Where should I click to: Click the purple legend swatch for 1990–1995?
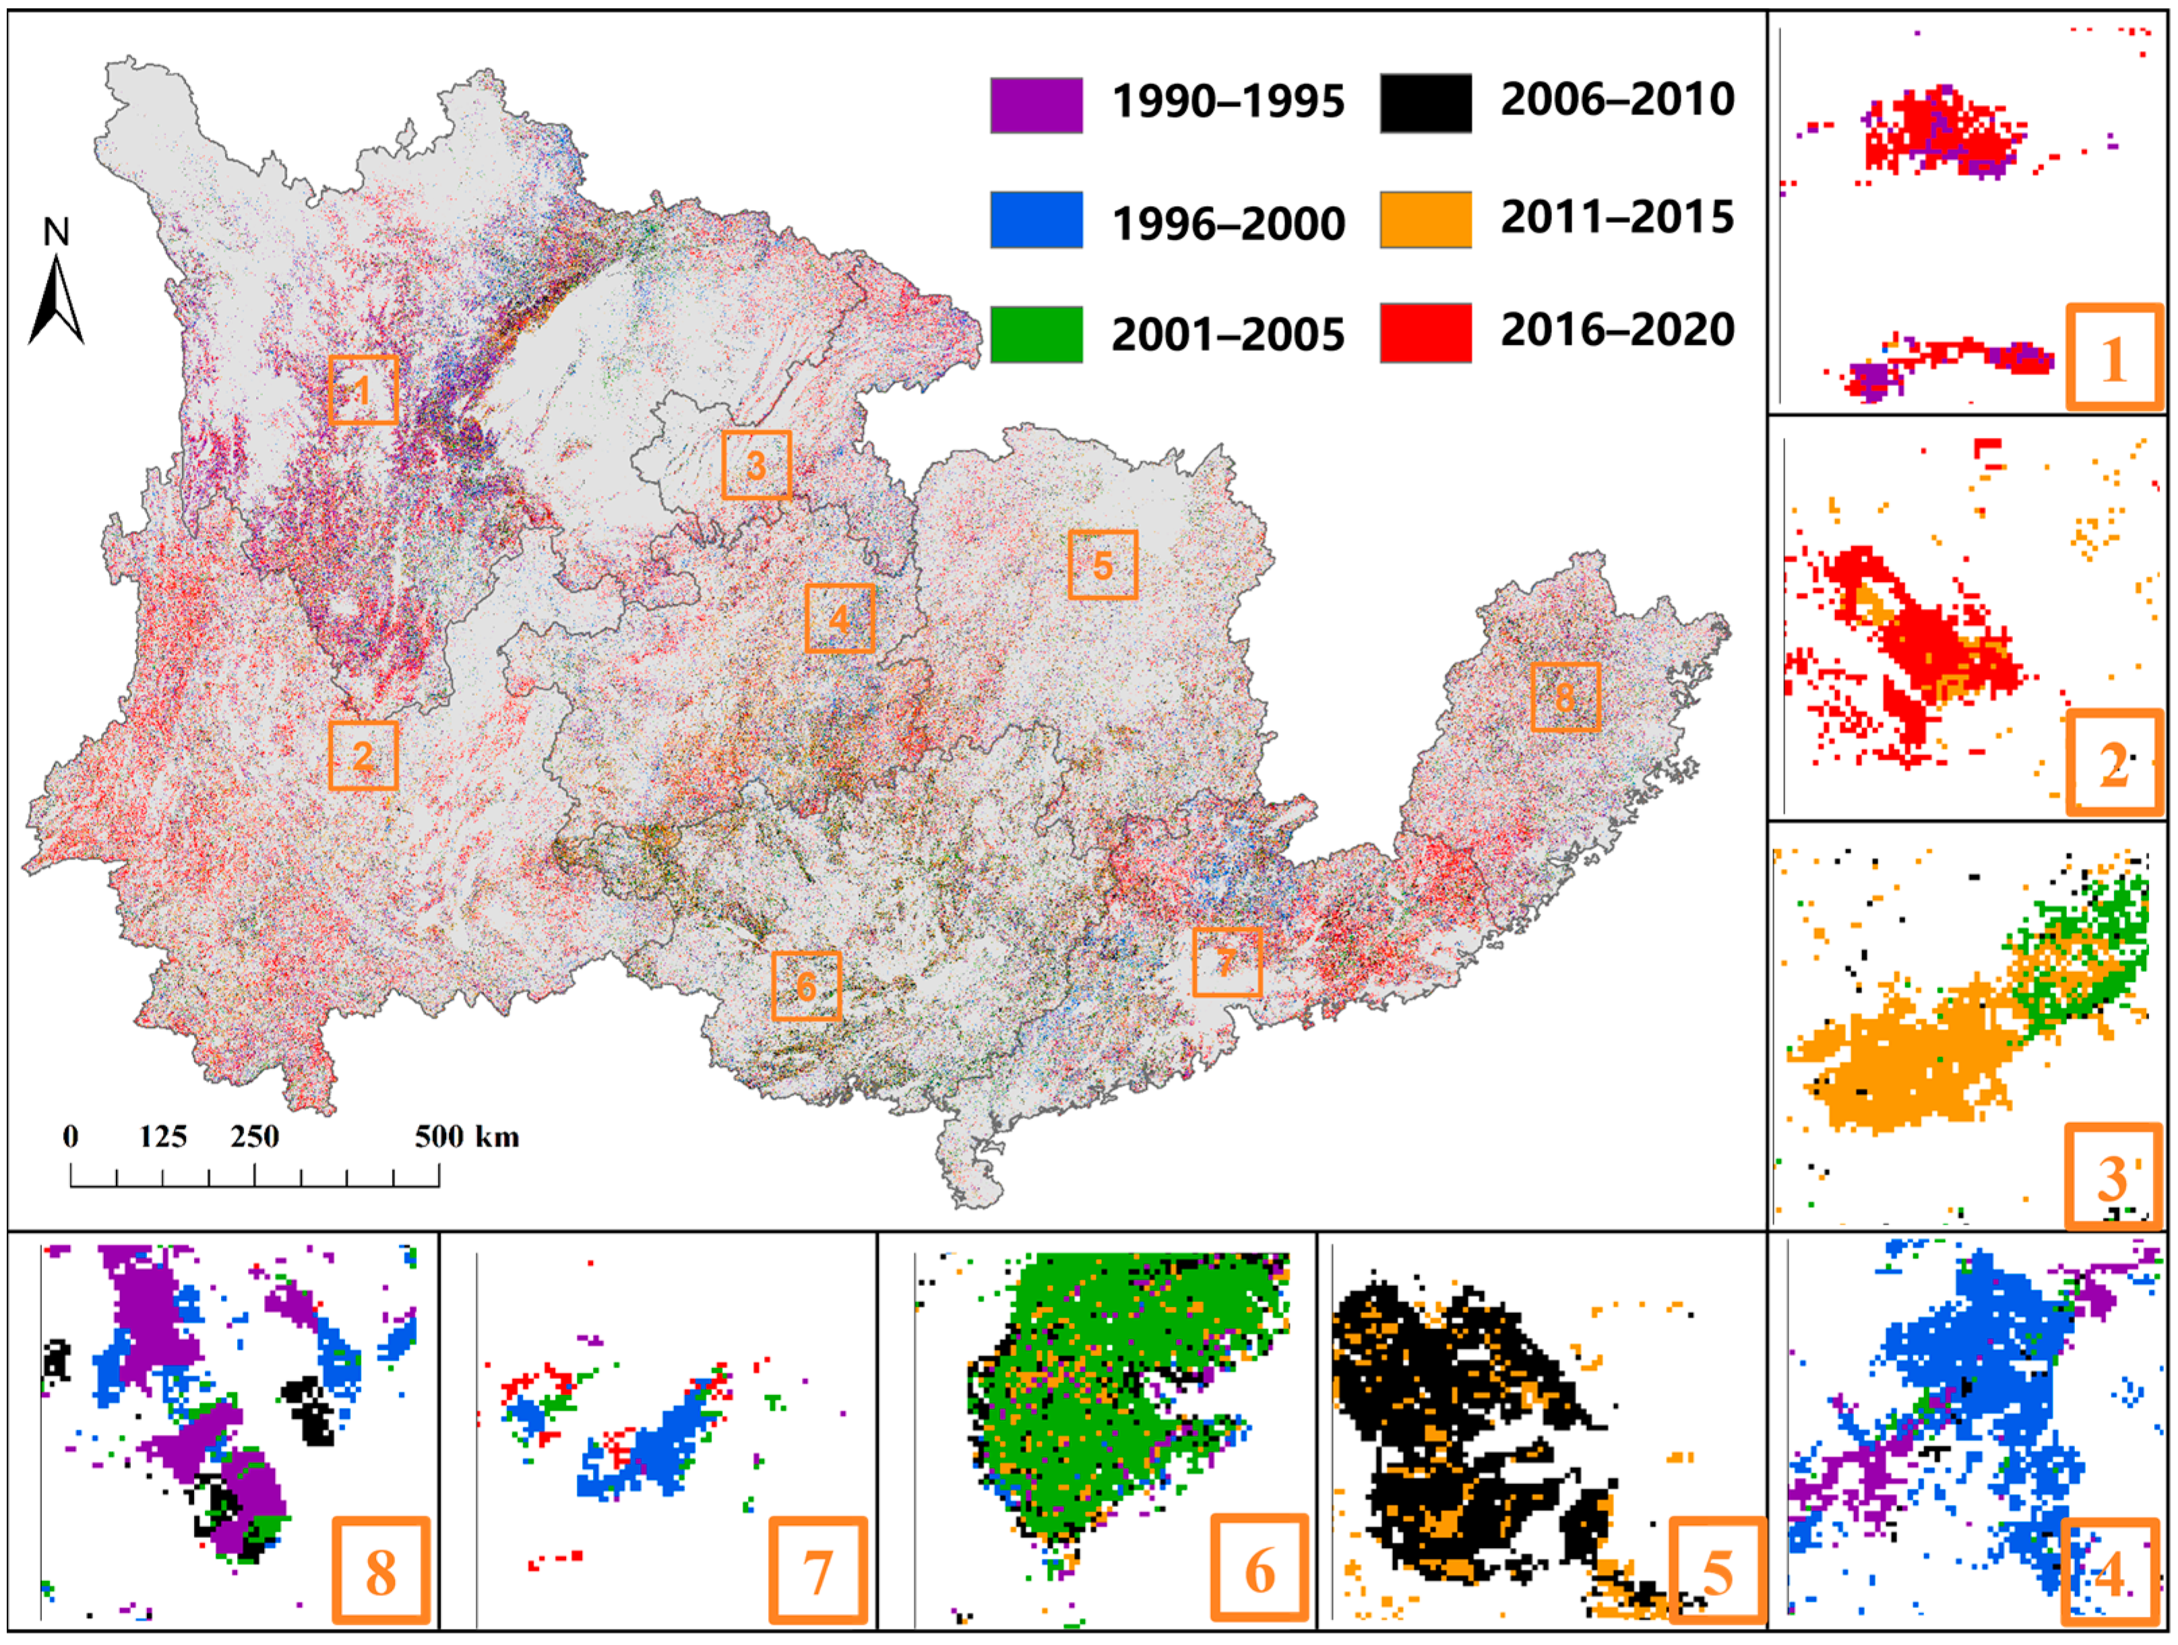click(1036, 104)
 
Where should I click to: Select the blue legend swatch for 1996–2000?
click(1036, 220)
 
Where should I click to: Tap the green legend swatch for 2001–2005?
click(1036, 335)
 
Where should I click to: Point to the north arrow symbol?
click(56, 295)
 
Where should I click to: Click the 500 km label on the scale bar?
click(466, 1137)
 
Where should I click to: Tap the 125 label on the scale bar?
click(162, 1137)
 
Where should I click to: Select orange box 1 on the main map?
click(363, 390)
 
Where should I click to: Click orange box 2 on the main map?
click(363, 755)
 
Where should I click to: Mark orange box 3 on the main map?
click(756, 465)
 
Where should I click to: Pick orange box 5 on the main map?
click(1102, 565)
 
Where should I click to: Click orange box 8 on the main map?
click(1565, 697)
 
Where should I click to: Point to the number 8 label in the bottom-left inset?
click(381, 1572)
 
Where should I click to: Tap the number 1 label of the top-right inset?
click(2114, 358)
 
